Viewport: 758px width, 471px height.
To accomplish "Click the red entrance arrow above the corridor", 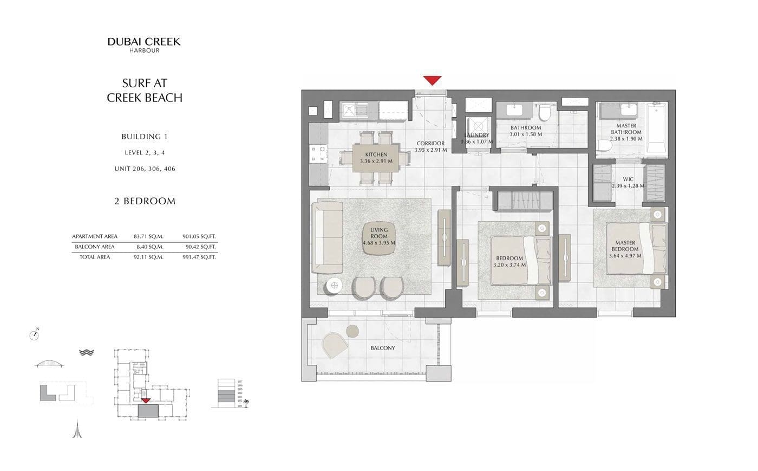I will coord(432,80).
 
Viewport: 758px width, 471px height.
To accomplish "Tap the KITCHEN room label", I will coord(376,155).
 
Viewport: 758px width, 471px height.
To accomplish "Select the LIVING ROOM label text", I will coord(379,233).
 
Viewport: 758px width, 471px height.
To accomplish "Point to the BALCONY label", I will coord(383,348).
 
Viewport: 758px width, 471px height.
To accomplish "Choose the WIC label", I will coord(628,179).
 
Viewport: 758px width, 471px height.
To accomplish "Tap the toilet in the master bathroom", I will coord(605,145).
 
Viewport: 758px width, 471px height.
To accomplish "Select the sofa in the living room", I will coord(329,237).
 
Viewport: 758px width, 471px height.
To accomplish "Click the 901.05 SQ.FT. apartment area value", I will coord(199,236).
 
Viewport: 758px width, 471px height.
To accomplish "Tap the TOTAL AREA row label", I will coord(95,257).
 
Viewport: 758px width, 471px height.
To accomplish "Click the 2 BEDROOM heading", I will coord(145,201).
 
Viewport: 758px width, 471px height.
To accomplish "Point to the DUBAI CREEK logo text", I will coord(144,42).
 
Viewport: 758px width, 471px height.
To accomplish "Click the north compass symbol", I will coord(35,335).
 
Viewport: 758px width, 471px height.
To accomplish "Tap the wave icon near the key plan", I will coord(87,352).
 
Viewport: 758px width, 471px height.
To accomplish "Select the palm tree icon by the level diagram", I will coord(247,403).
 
